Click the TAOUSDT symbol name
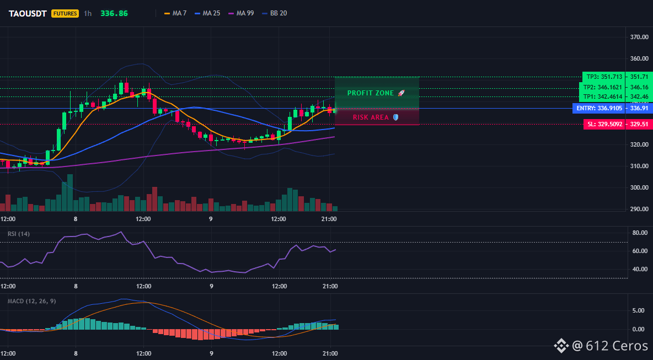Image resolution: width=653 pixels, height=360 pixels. click(28, 13)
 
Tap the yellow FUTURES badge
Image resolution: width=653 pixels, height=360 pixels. click(65, 13)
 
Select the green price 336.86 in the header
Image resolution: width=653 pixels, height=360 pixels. click(114, 13)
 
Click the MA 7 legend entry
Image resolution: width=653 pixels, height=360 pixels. click(175, 13)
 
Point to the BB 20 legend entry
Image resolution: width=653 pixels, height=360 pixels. click(274, 13)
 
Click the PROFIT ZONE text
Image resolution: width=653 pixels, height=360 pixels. click(371, 93)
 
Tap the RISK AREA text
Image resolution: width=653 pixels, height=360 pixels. click(371, 117)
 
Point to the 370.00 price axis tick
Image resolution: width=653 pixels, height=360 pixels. click(639, 37)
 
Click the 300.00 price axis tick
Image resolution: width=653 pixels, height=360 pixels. click(639, 187)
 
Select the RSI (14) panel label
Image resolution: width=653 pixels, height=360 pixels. click(19, 234)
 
